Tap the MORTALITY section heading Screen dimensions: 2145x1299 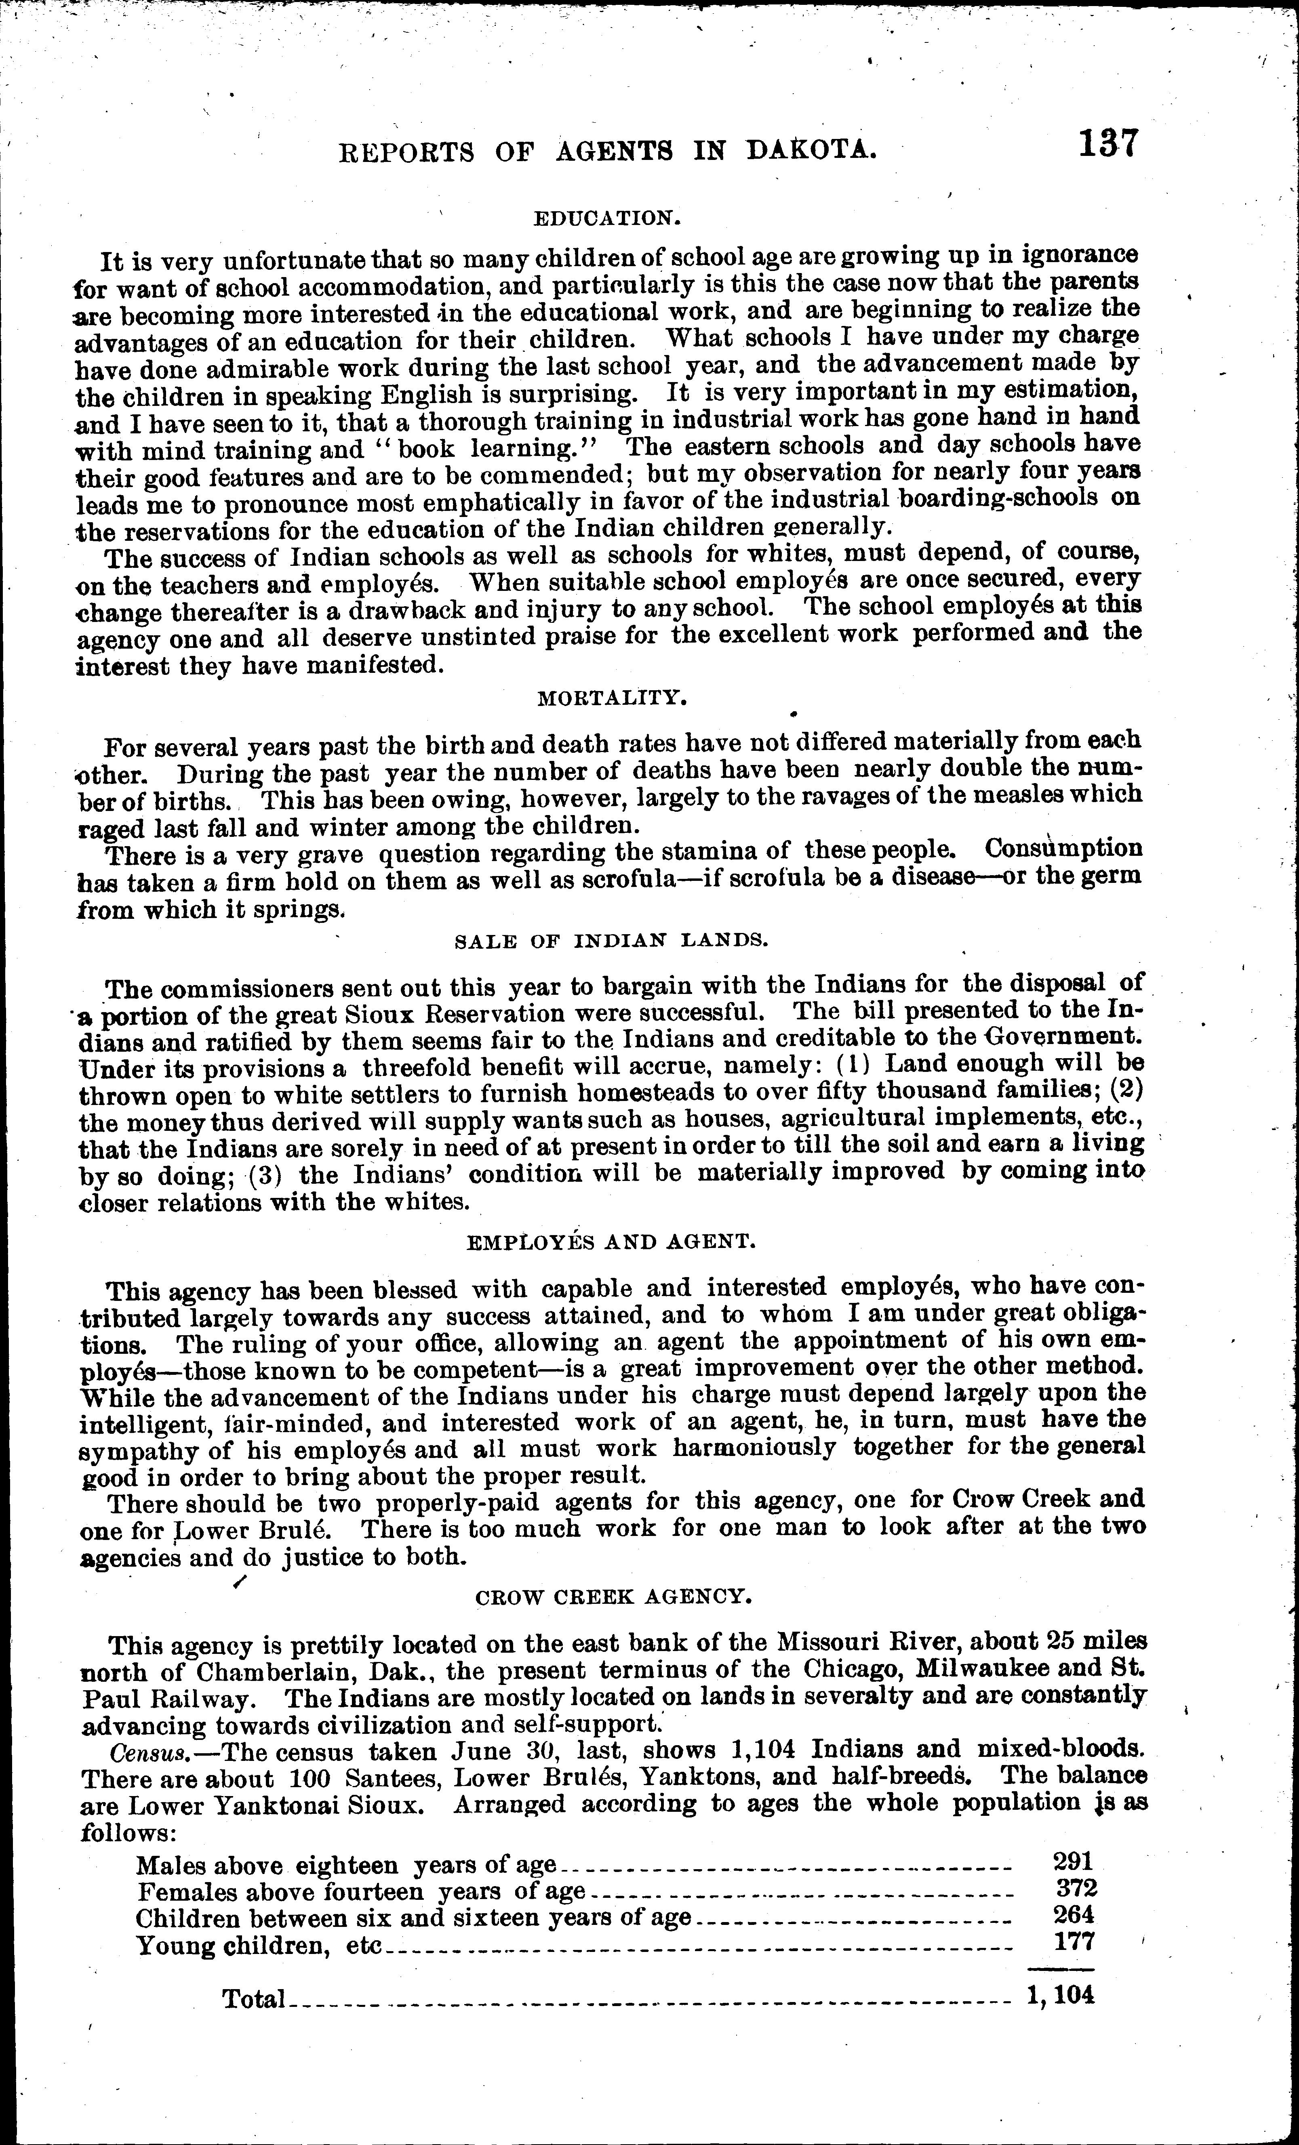pyautogui.click(x=608, y=697)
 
